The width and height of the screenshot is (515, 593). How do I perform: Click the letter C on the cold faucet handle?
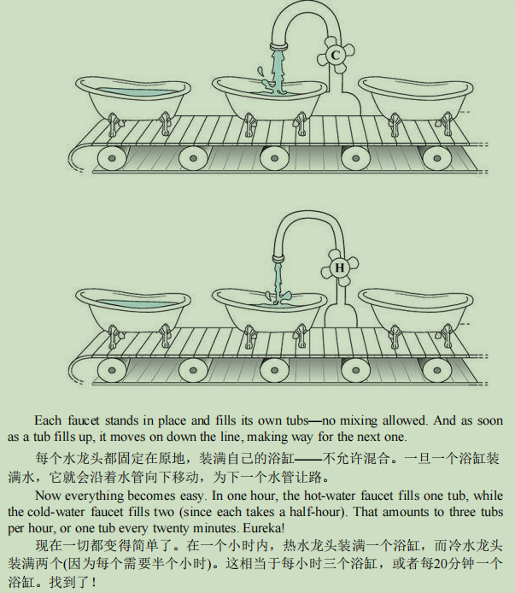point(335,56)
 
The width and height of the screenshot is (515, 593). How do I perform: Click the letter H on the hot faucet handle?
point(339,267)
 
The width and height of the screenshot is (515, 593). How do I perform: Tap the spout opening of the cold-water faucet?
point(278,48)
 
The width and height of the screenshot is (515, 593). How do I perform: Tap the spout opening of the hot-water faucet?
point(278,260)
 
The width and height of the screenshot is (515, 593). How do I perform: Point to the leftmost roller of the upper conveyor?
point(112,158)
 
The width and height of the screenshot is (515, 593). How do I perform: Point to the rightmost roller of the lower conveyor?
point(436,370)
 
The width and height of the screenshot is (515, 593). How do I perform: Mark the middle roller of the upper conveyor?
point(274,158)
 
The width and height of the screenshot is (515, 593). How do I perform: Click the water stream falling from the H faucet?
point(278,283)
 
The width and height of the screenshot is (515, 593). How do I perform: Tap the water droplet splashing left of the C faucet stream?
point(260,71)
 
